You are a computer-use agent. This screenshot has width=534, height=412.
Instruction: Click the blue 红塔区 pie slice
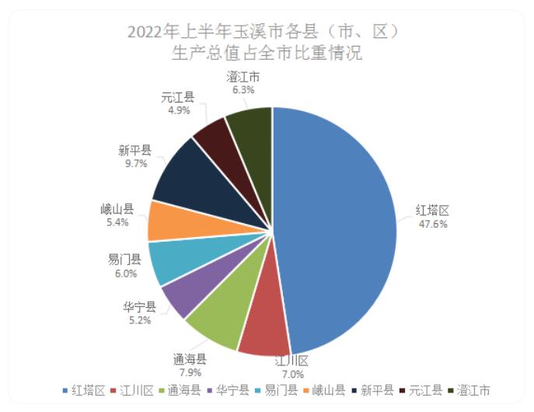tap(342, 225)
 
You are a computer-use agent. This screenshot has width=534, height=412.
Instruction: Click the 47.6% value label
tap(432, 224)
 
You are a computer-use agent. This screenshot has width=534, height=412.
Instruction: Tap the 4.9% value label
tap(178, 110)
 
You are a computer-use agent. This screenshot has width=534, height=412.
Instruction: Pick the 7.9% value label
tap(189, 372)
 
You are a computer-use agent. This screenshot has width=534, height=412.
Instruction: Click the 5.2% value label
tap(140, 319)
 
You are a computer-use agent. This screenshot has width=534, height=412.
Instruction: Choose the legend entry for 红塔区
tap(83, 390)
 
